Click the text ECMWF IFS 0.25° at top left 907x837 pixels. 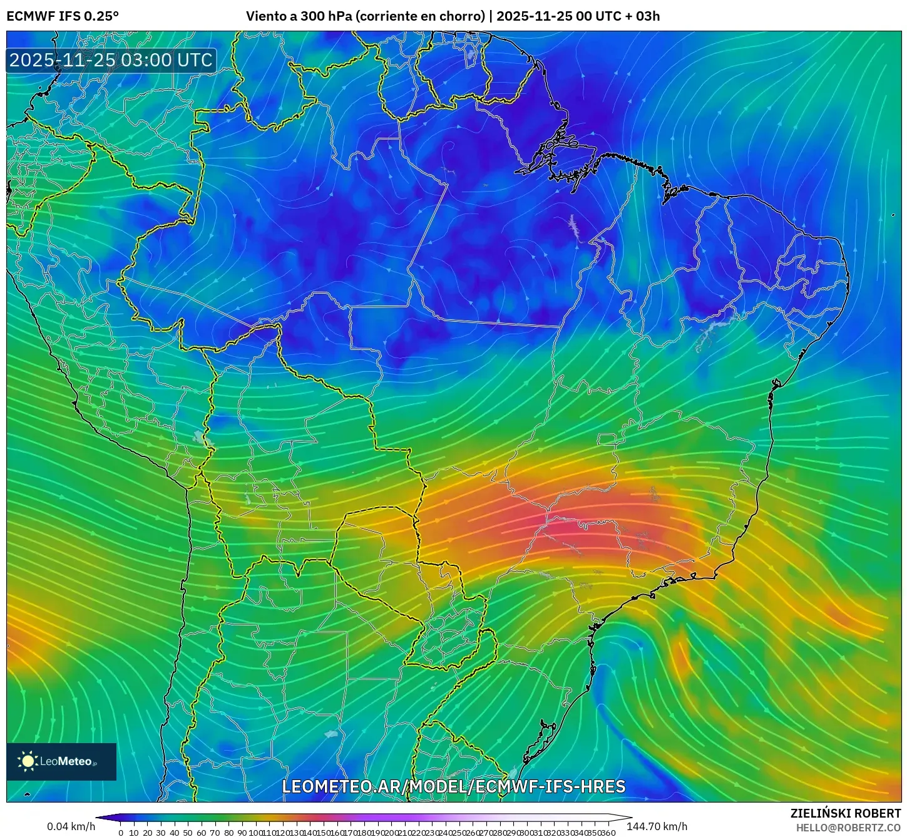tap(63, 16)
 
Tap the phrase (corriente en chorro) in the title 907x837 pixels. tap(420, 16)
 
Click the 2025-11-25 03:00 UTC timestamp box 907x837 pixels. tap(111, 60)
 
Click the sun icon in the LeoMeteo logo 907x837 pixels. tap(28, 761)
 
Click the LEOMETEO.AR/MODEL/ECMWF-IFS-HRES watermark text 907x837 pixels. tap(453, 787)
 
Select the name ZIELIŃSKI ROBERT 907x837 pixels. tap(845, 814)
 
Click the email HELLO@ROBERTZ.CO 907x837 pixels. tap(848, 828)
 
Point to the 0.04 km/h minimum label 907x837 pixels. tap(71, 826)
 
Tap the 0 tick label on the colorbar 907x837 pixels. tap(121, 833)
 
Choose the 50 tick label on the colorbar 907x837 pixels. tap(187, 833)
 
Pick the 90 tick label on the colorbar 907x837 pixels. tap(242, 833)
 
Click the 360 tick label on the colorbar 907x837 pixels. tap(607, 833)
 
